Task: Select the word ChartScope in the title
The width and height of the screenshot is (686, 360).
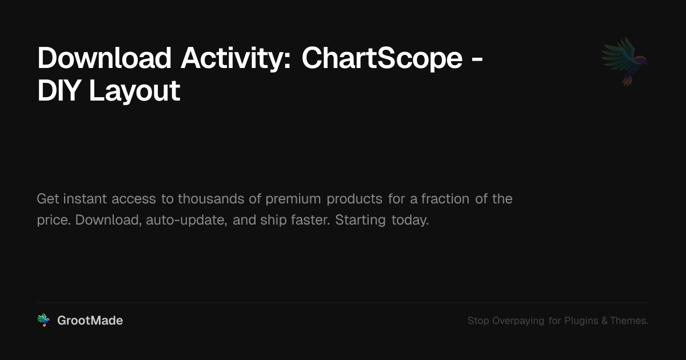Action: (382, 58)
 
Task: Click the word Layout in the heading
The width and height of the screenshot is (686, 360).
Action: (134, 91)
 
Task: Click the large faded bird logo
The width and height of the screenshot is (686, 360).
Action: (624, 61)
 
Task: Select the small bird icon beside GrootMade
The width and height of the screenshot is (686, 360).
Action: (43, 321)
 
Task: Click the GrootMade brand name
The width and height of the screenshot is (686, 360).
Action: (90, 321)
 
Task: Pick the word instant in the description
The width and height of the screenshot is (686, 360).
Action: (85, 199)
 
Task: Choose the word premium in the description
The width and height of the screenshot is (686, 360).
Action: (294, 199)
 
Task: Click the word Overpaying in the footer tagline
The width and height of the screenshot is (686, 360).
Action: (518, 321)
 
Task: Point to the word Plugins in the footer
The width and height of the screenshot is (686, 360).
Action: (581, 321)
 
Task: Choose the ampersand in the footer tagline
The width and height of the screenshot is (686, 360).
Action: (604, 321)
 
